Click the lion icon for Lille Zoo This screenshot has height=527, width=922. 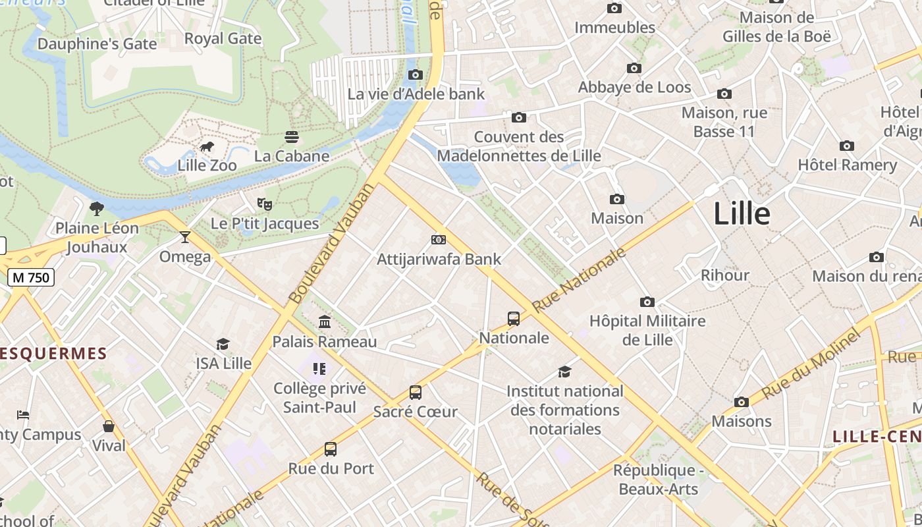(206, 146)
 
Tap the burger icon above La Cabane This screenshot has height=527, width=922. (292, 136)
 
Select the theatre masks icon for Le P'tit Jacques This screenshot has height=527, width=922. (264, 204)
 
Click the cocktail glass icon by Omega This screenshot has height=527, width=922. (185, 236)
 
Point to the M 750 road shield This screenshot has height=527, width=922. (31, 277)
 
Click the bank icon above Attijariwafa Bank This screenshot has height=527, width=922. (438, 239)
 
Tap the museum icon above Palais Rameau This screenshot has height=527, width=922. (325, 322)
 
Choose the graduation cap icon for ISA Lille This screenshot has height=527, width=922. (223, 344)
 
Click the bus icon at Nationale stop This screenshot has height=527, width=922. (514, 319)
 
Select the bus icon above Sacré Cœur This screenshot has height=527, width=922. (415, 393)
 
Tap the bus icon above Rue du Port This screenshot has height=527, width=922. (331, 449)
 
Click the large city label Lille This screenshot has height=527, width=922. (742, 214)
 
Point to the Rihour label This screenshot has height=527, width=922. (724, 275)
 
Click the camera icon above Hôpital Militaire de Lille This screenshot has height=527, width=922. (647, 302)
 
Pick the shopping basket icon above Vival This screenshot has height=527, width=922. (109, 426)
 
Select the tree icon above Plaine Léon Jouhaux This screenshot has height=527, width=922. (97, 209)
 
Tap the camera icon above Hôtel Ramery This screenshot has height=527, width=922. (847, 146)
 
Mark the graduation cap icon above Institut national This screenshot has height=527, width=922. (564, 372)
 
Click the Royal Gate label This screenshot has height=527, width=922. (223, 38)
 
